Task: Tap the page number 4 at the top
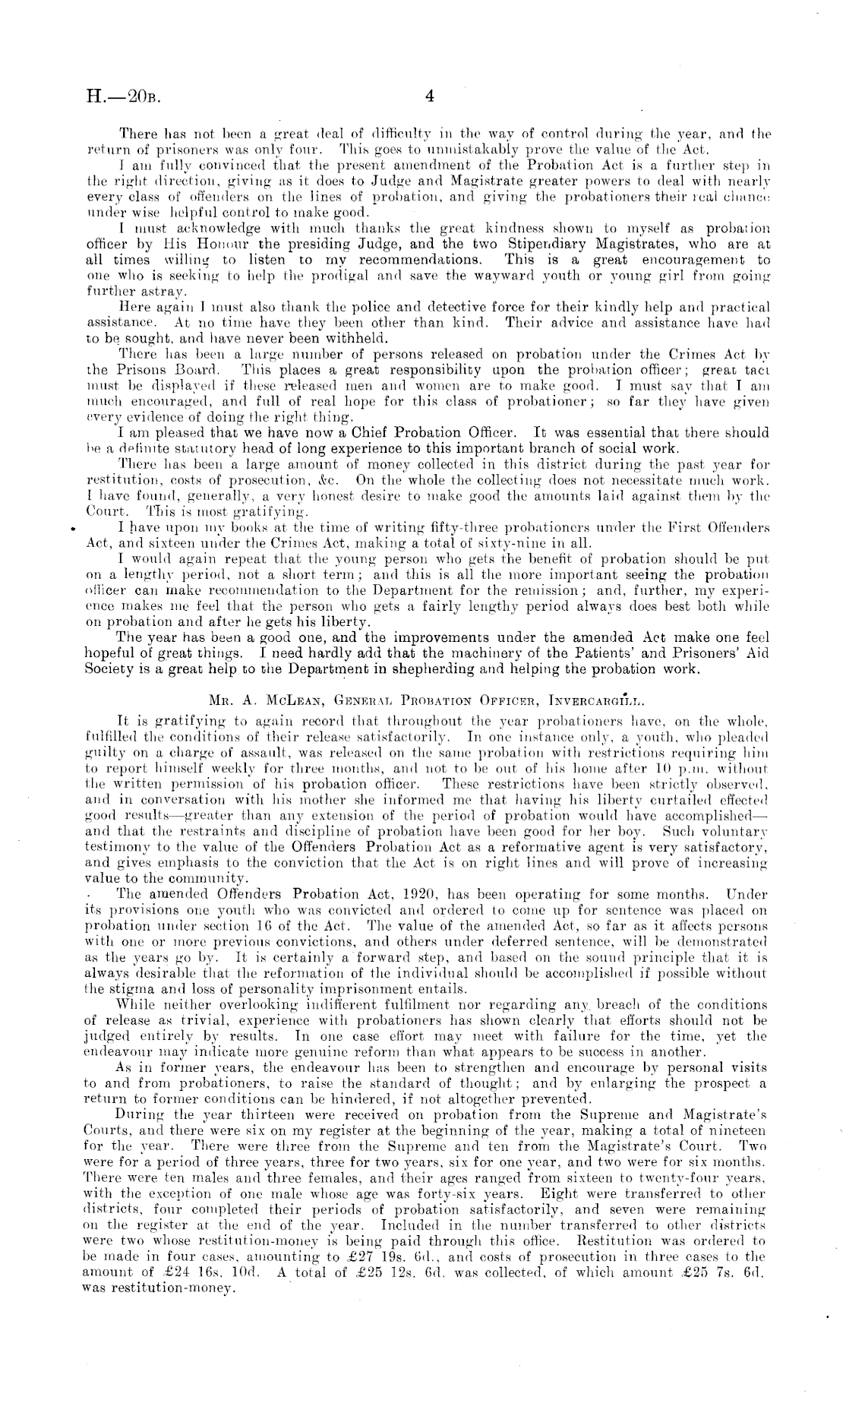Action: [428, 96]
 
